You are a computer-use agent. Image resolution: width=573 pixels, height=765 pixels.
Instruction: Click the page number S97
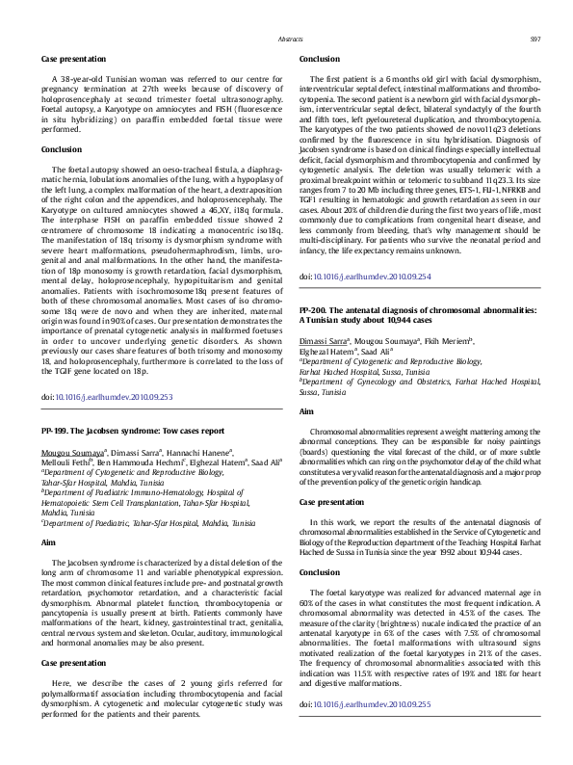point(534,40)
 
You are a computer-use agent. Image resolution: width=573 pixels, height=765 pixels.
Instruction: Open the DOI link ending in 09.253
point(114,396)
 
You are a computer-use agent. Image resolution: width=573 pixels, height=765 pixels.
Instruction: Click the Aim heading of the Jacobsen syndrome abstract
point(48,543)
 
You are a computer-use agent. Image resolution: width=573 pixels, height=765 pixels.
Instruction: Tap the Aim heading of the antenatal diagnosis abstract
point(306,411)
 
